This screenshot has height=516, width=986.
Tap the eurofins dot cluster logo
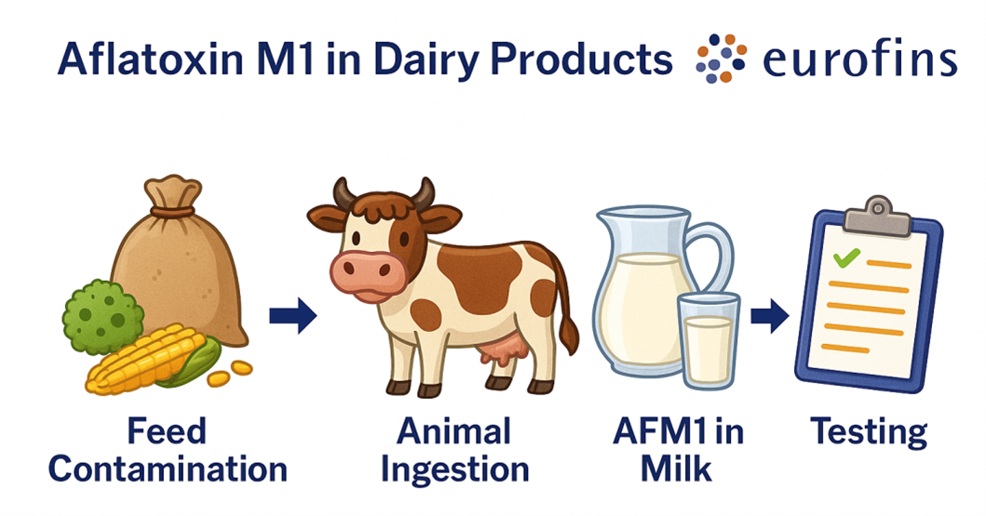coord(721,58)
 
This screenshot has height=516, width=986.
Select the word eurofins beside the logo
coord(858,60)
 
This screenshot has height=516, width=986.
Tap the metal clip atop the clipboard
coord(876,216)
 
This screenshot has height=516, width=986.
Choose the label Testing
coord(868,432)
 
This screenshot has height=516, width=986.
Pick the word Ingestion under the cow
coord(455,469)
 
